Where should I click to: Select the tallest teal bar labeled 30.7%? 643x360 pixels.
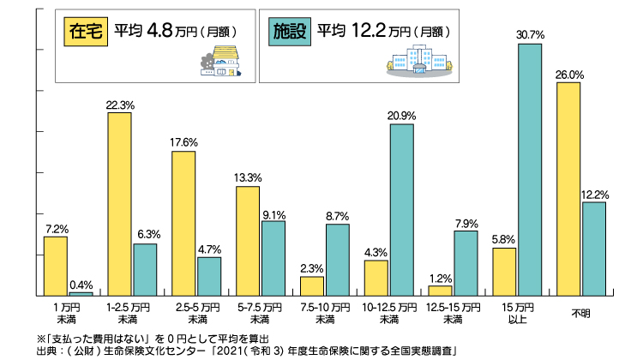click(x=529, y=169)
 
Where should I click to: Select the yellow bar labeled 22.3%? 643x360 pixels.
click(x=119, y=204)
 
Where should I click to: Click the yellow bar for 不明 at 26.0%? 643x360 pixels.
click(x=568, y=189)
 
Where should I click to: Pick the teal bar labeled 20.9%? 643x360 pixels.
click(x=401, y=209)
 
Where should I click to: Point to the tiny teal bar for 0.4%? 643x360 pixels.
click(x=81, y=293)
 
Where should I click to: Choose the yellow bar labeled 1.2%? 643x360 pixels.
click(x=440, y=290)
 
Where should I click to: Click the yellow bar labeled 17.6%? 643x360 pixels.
click(x=183, y=223)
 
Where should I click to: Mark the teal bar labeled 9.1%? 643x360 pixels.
click(x=273, y=258)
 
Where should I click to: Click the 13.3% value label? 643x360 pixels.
click(x=248, y=177)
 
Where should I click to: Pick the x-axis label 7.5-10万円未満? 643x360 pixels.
click(x=325, y=311)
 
